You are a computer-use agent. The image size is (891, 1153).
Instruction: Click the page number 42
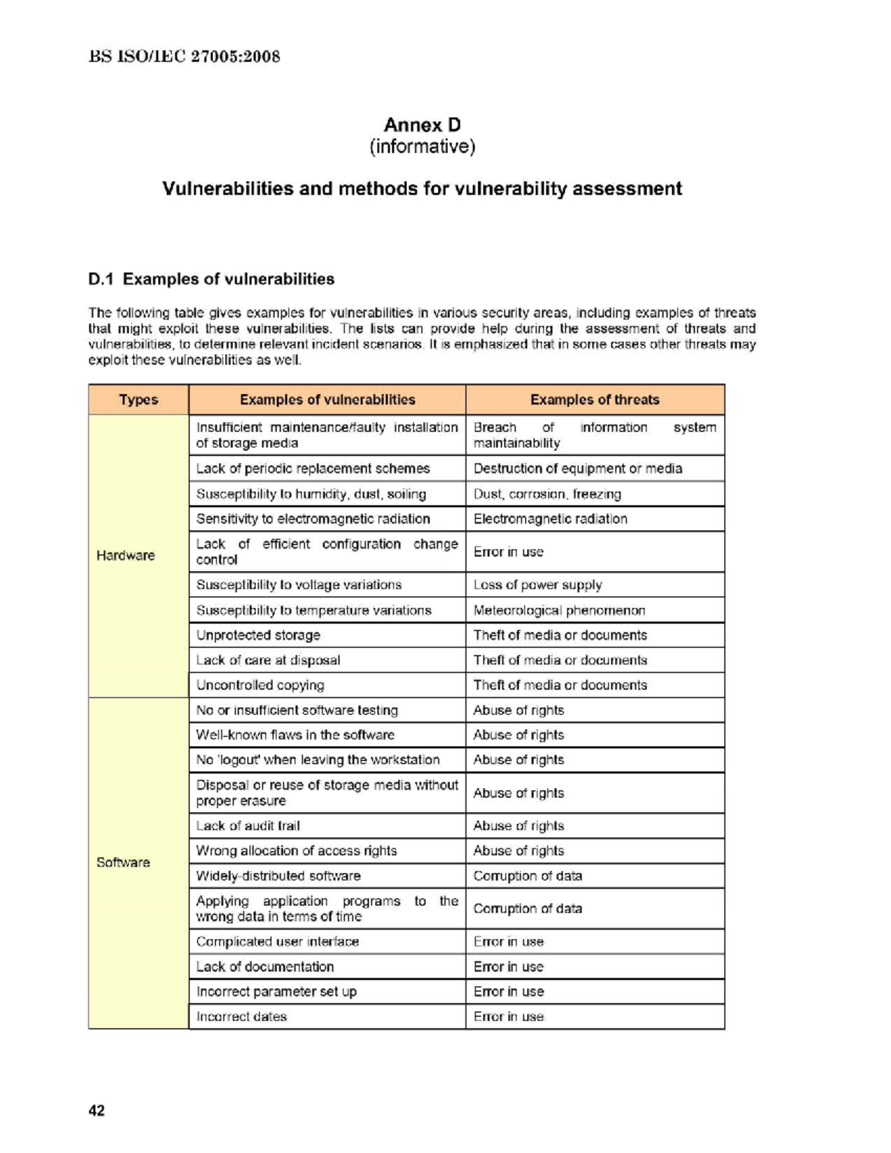(97, 1111)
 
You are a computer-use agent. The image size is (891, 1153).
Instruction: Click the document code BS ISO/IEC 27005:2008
(184, 56)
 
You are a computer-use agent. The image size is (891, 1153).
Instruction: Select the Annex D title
(422, 125)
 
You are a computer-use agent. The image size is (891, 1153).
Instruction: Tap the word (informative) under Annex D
(422, 146)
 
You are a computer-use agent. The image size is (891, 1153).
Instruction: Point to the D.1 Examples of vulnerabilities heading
(211, 279)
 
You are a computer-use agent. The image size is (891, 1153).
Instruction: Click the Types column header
(138, 399)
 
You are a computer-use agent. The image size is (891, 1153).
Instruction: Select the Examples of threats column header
(594, 399)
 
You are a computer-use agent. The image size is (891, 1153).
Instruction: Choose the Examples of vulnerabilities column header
(327, 399)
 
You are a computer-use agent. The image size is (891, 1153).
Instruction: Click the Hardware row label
(125, 555)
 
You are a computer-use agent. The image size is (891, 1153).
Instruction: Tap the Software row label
(123, 862)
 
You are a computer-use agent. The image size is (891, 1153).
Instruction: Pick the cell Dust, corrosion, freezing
(547, 494)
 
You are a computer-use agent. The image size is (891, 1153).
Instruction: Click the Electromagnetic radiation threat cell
(550, 519)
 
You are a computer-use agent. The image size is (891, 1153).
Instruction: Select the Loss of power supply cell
(538, 585)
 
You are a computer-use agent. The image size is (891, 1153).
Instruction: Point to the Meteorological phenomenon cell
(559, 610)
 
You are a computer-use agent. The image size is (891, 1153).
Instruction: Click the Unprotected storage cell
(258, 636)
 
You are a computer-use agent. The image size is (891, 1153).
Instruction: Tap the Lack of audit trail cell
(248, 826)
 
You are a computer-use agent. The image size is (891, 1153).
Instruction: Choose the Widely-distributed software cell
(278, 876)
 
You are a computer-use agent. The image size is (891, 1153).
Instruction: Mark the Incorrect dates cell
(241, 1016)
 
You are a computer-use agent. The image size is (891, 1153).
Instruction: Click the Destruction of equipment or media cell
(578, 468)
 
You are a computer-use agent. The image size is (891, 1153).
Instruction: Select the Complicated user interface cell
(278, 941)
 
